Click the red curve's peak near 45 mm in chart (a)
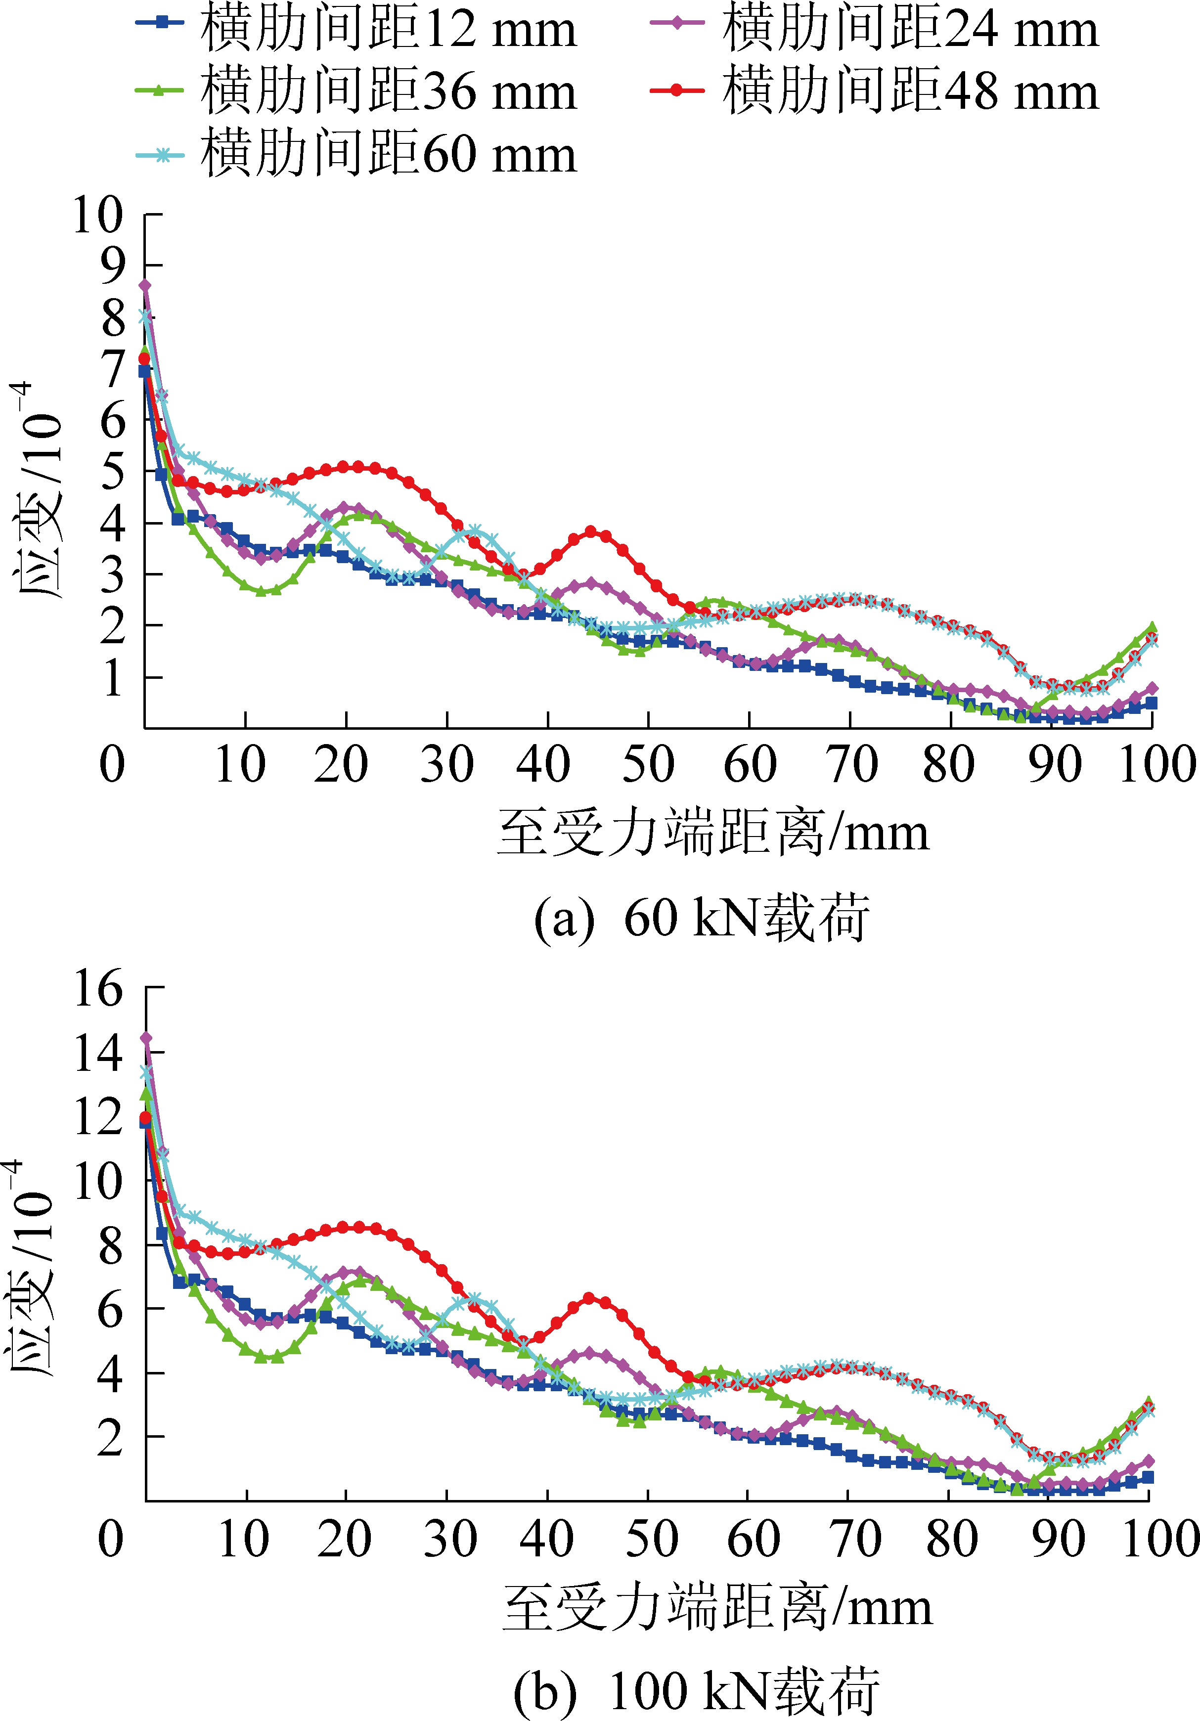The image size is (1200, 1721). pos(591,531)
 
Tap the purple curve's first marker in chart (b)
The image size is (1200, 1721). pos(146,1038)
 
